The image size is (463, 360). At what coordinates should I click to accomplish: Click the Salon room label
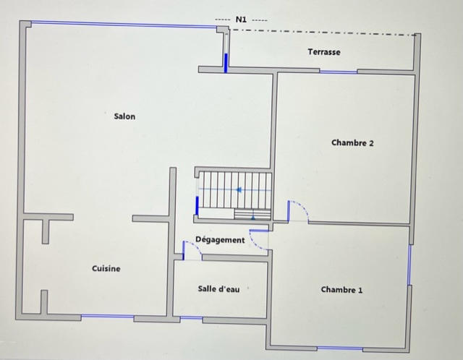(124, 116)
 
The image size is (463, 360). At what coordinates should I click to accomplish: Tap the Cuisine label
(106, 269)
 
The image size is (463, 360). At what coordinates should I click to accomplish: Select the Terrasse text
(323, 52)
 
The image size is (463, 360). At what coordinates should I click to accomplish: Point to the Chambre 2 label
(352, 143)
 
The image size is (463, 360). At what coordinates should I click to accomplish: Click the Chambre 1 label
(341, 290)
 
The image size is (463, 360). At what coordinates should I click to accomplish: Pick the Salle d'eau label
(218, 288)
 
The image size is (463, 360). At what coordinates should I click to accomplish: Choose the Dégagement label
(220, 240)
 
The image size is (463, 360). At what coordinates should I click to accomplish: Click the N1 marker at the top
(241, 20)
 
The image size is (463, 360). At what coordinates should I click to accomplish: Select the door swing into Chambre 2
(298, 212)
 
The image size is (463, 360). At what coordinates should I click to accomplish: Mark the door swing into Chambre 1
(259, 239)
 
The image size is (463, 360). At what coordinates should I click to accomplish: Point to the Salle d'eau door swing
(192, 248)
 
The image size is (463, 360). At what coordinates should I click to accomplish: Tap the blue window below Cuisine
(107, 317)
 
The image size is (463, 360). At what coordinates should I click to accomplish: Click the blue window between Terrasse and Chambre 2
(338, 72)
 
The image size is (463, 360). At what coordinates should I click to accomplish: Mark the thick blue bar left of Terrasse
(225, 62)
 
